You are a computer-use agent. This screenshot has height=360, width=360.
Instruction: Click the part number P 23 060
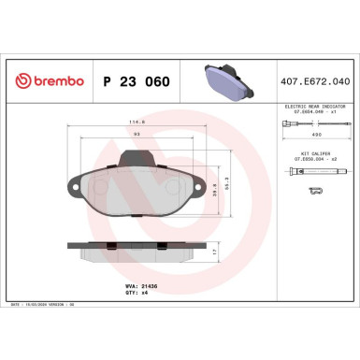137,82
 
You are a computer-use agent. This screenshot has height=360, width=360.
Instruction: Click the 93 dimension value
138,135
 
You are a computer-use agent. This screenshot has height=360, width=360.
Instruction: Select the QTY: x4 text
136,287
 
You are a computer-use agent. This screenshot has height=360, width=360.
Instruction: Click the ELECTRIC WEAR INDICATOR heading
316,108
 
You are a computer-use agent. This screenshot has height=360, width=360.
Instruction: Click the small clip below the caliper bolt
316,191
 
